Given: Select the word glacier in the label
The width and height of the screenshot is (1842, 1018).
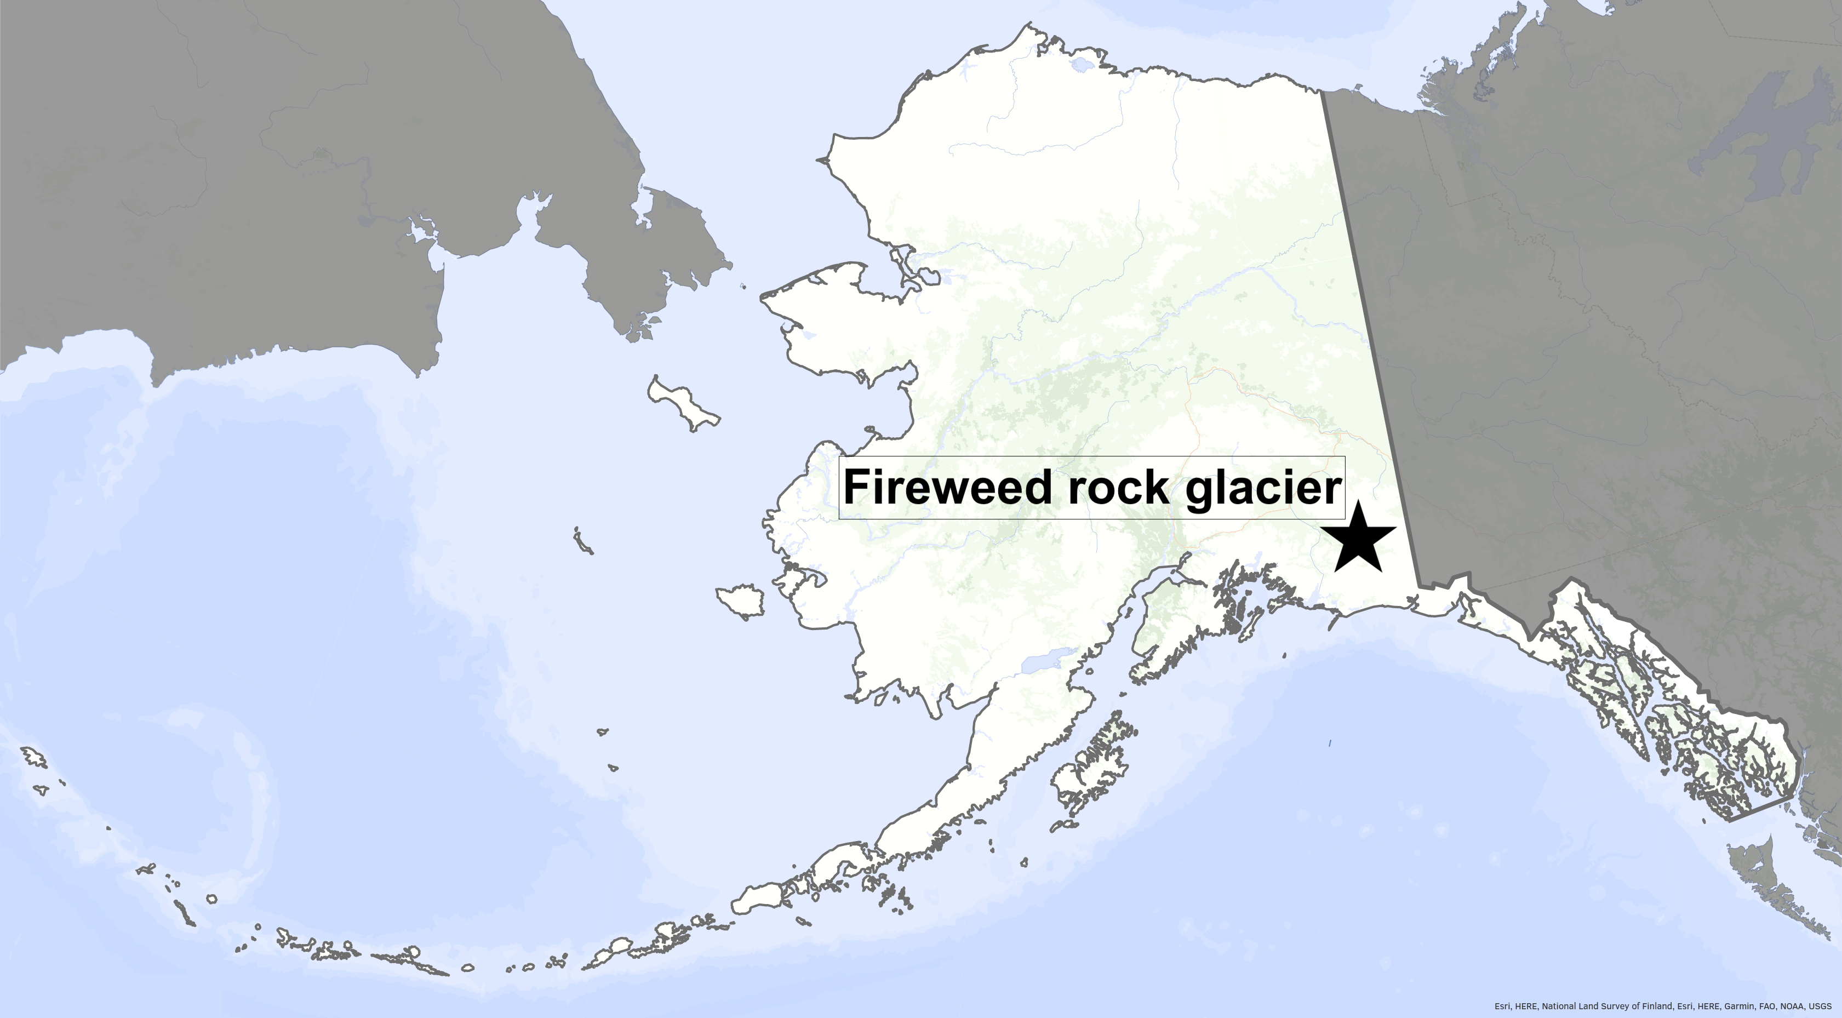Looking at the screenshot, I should coord(1263,489).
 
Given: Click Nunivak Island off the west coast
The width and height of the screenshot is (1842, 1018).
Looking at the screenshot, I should coord(740,600).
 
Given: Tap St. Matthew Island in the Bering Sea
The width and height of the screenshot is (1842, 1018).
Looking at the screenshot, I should coord(583,541).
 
